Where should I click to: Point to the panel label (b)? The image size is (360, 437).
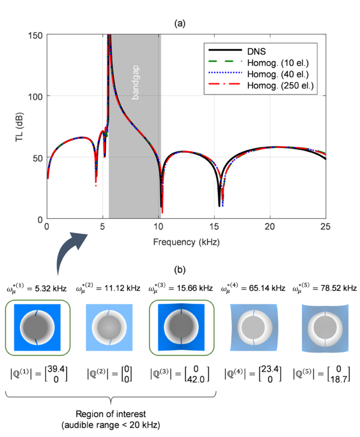[180, 270]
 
